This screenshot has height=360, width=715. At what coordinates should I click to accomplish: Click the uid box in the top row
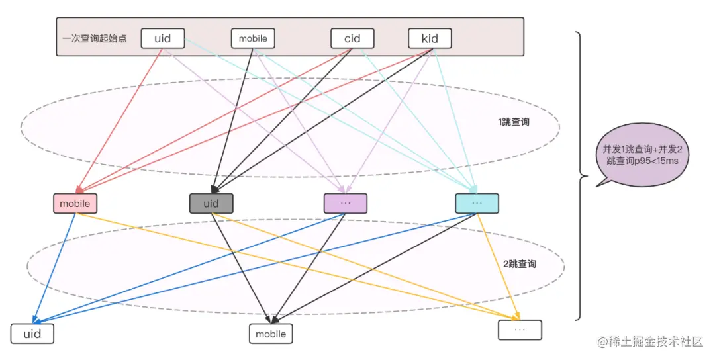[x=162, y=38]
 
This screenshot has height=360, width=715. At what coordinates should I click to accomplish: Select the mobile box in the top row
[x=253, y=38]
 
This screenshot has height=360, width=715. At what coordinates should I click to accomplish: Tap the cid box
[x=352, y=38]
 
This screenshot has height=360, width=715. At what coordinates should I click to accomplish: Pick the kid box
[x=430, y=38]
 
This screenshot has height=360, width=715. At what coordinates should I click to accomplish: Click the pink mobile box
[x=75, y=203]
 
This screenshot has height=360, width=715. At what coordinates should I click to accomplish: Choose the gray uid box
[x=211, y=203]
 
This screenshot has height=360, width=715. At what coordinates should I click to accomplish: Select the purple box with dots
[x=345, y=203]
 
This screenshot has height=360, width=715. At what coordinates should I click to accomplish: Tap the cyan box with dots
[x=477, y=203]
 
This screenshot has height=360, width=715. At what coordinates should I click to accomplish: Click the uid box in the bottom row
[x=32, y=334]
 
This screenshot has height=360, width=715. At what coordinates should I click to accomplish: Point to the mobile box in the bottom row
[x=271, y=334]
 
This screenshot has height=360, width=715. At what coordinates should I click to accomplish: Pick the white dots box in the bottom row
[x=520, y=330]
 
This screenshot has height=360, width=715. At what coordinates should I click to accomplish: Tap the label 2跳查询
[x=519, y=264]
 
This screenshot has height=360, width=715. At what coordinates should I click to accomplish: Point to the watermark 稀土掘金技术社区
[x=656, y=341]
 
